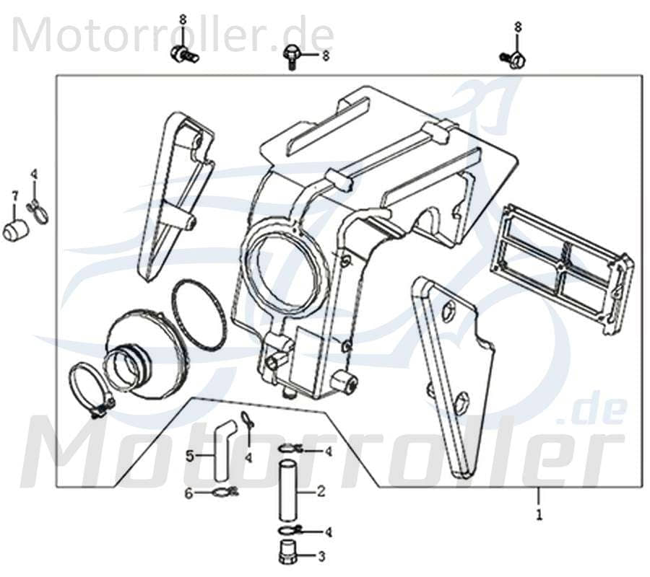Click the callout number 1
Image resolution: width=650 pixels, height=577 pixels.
(537, 516)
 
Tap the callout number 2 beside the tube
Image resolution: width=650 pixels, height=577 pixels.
(321, 493)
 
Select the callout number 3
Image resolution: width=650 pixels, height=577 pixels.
(321, 556)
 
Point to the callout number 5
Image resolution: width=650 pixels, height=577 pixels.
(189, 455)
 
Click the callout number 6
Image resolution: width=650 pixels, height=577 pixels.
(189, 493)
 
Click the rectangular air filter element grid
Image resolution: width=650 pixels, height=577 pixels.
(561, 268)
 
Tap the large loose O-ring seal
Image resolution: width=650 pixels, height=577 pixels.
(199, 315)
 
